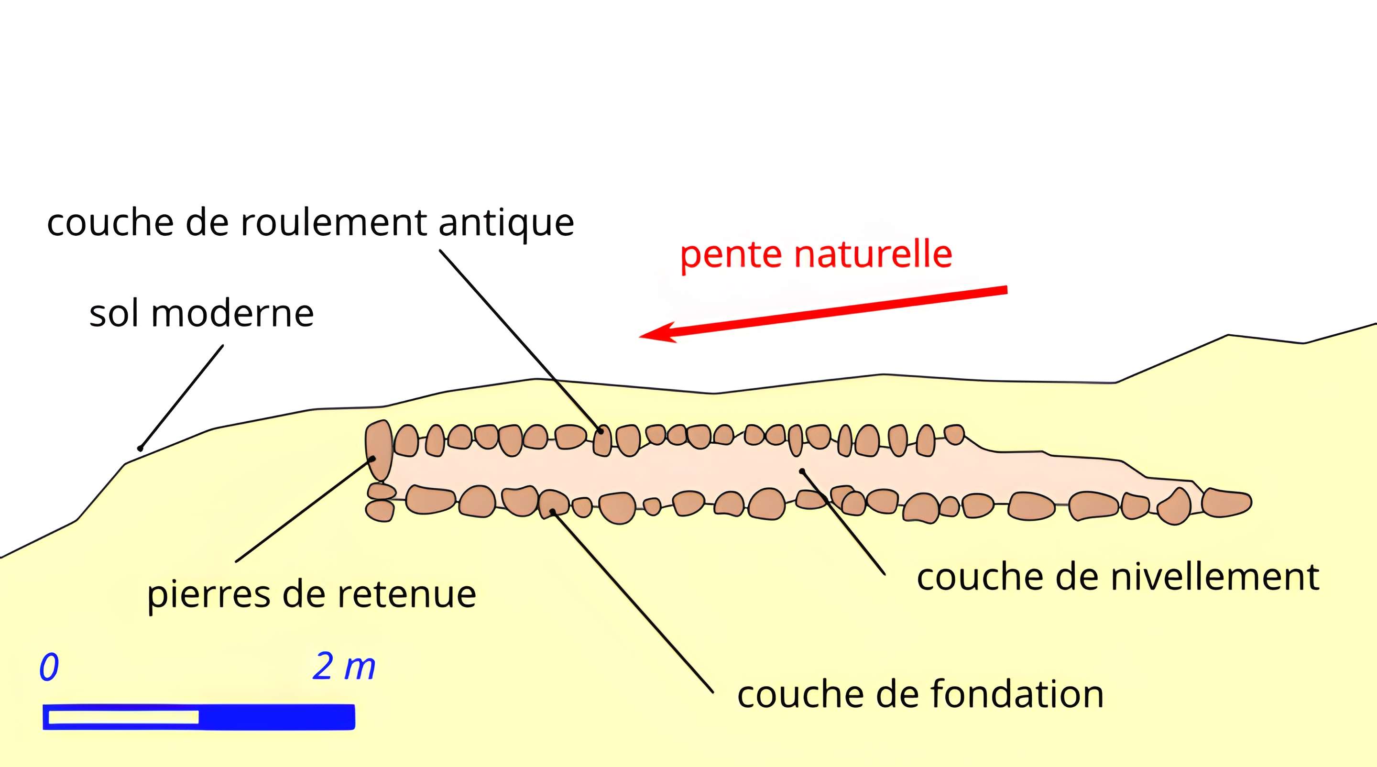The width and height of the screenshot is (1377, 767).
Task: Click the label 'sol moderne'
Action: tap(201, 314)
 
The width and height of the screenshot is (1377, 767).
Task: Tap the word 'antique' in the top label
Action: tap(506, 223)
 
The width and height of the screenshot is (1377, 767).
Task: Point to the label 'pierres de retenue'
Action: tap(312, 594)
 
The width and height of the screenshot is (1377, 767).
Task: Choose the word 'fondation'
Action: tap(1017, 694)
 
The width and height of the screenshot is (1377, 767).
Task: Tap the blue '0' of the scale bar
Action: tap(49, 667)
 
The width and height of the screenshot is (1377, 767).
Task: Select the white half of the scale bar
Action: tap(123, 717)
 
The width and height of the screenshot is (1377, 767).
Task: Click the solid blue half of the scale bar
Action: tap(276, 717)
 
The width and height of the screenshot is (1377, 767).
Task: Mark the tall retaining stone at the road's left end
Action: tap(379, 450)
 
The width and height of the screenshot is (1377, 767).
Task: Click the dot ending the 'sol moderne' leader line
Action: tap(140, 449)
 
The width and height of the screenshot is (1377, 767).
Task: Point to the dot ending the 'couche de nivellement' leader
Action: tap(802, 471)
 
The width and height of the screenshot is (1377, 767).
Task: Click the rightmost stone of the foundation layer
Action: tap(1226, 503)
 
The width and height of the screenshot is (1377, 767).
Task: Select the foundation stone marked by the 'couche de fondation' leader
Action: tap(553, 504)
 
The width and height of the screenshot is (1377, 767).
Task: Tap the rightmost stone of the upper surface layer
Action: tap(954, 434)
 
